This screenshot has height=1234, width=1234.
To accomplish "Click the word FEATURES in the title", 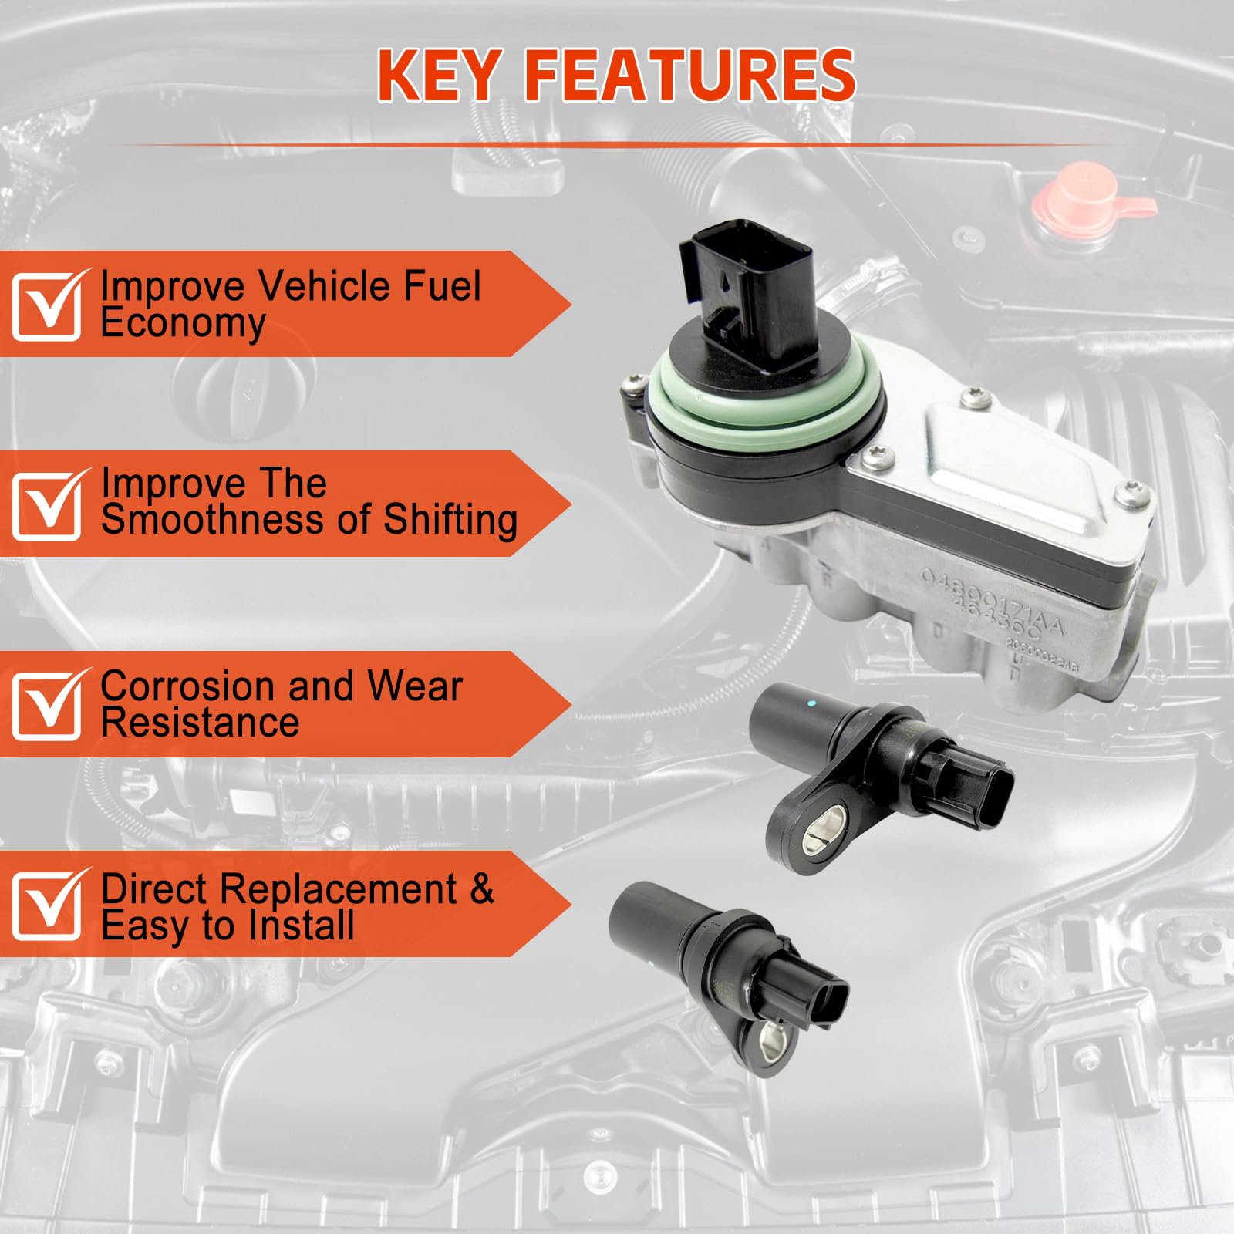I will pos(689,76).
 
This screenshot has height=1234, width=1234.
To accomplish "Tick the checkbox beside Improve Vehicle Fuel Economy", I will pos(46,306).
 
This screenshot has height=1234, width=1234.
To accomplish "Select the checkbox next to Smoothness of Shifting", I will pos(46,506).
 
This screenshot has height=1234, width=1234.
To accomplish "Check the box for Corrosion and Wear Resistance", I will pos(46,706).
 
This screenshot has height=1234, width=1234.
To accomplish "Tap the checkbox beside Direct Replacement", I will pos(46,905).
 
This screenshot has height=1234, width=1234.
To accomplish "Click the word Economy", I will pos(183,324).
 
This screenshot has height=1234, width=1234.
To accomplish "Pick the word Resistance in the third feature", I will pos(200,723).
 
